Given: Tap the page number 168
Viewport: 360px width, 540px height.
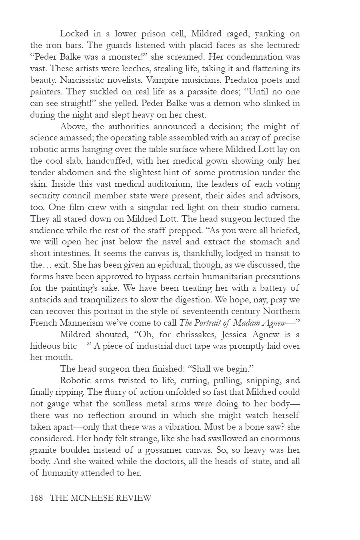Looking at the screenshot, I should [x=36, y=498].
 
